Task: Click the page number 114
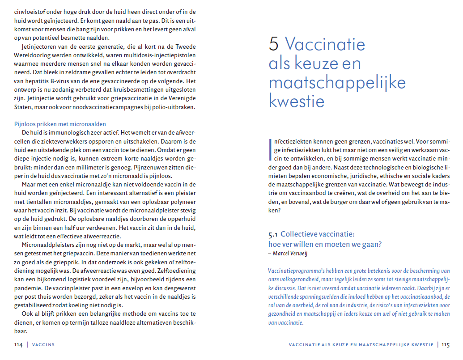(x=18, y=345)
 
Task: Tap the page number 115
(x=446, y=345)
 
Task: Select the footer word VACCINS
(x=44, y=345)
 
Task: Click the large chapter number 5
(x=274, y=44)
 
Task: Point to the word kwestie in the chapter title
(x=296, y=101)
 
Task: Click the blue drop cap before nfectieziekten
(x=270, y=149)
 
